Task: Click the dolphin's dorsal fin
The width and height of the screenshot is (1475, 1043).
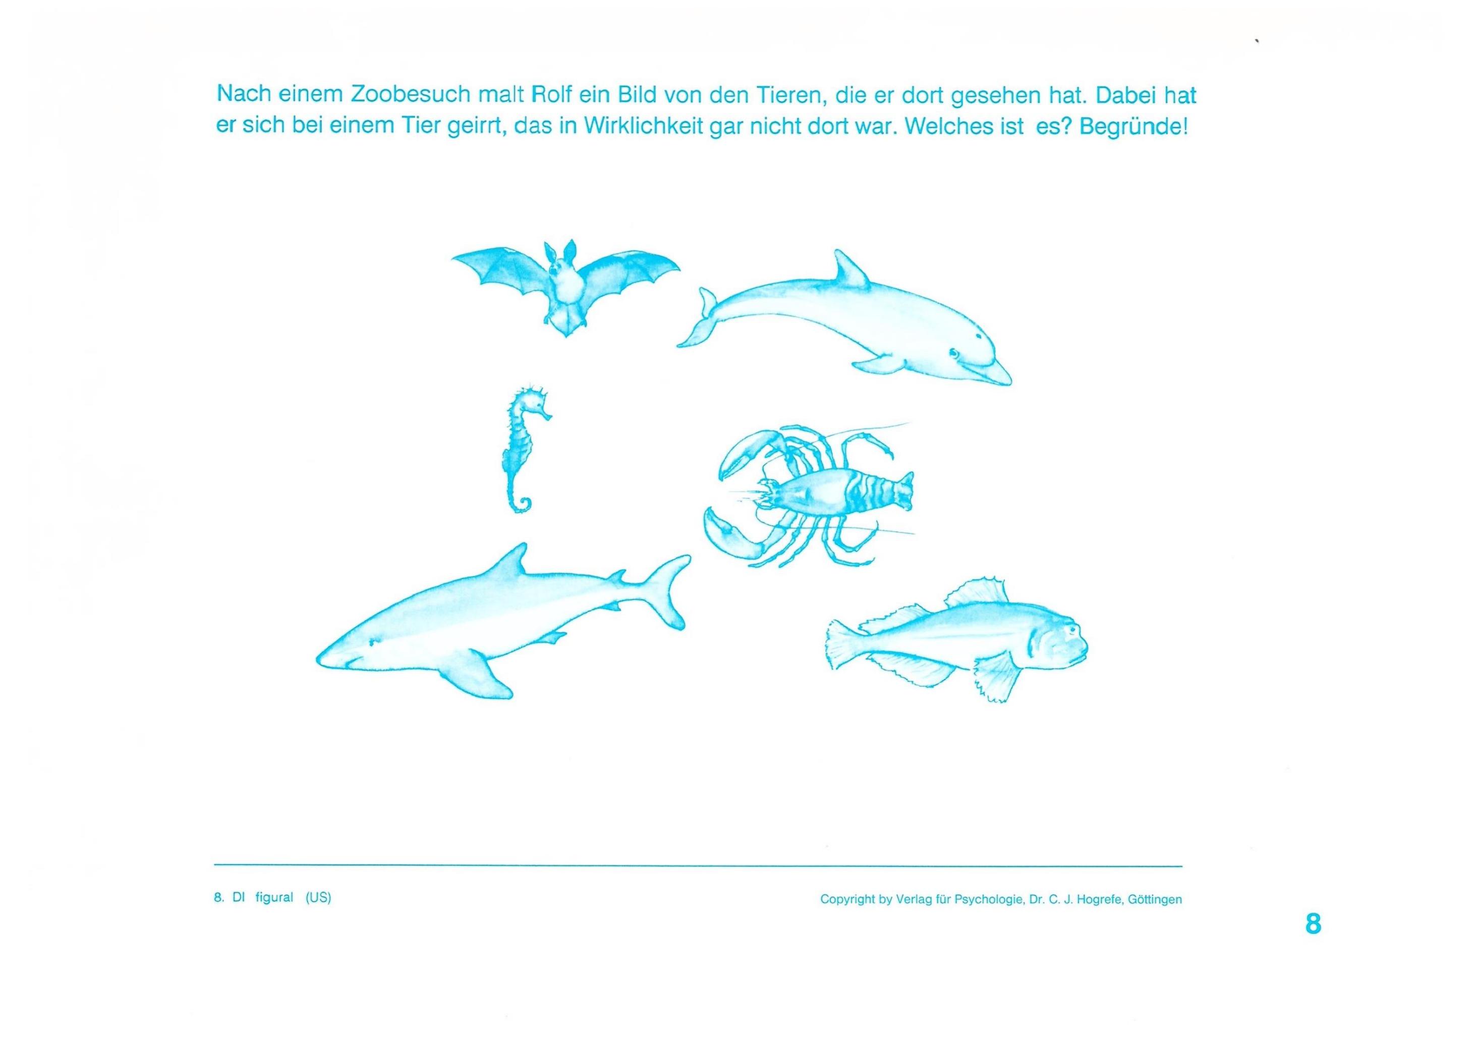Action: pyautogui.click(x=846, y=270)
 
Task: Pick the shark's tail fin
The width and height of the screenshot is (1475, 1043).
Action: pyautogui.click(x=665, y=591)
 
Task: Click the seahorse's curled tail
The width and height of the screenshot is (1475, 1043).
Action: pyautogui.click(x=522, y=503)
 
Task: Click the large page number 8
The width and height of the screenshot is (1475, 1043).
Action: pyautogui.click(x=1314, y=923)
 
